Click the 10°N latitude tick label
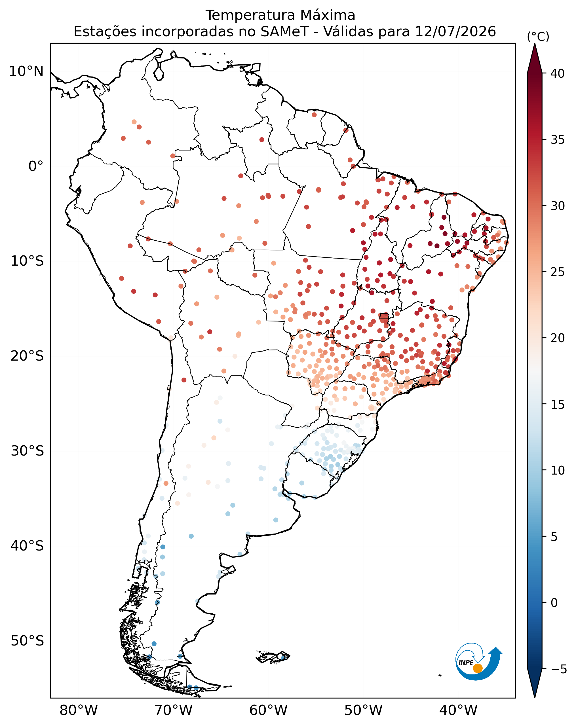tap(26, 71)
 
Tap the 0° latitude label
tap(36, 166)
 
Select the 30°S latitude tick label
tap(27, 451)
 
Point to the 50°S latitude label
tap(27, 641)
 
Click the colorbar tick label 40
tap(558, 73)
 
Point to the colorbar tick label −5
tap(559, 669)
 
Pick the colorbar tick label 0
tap(554, 603)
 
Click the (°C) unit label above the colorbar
tap(538, 36)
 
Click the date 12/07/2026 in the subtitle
tap(455, 32)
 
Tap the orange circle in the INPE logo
tap(478, 668)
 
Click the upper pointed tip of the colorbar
tap(535, 44)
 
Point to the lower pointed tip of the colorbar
tap(535, 697)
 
